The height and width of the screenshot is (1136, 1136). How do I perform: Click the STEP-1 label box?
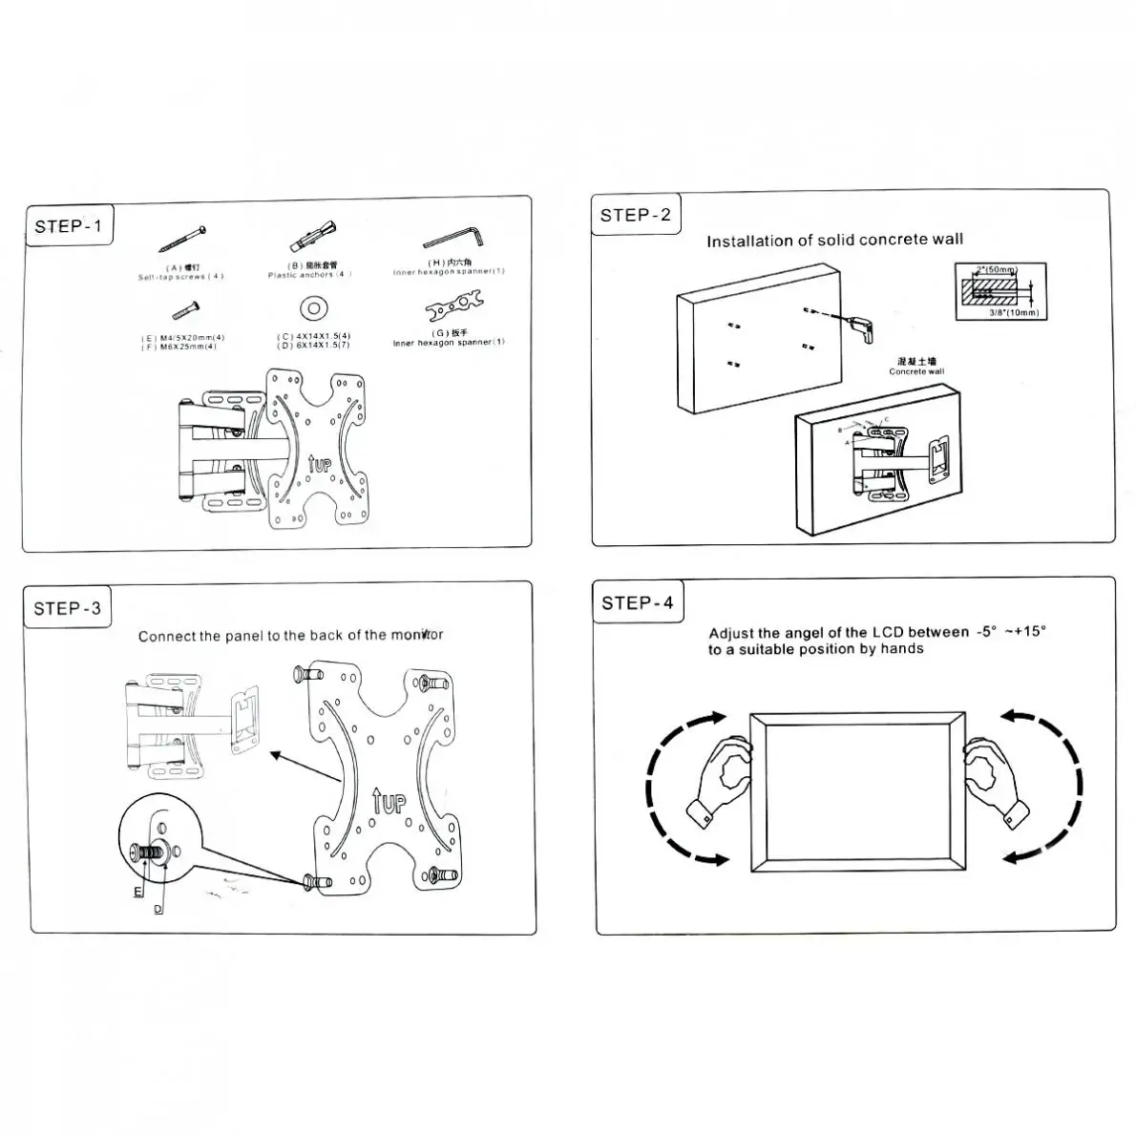[x=68, y=226]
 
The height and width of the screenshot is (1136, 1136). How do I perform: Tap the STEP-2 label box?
[x=635, y=215]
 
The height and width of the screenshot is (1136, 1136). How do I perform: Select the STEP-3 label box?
[x=67, y=609]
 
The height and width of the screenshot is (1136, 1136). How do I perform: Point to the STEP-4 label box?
[x=637, y=602]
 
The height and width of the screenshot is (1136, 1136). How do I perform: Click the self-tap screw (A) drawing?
[x=183, y=240]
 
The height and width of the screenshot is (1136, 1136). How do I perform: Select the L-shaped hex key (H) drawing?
[x=454, y=236]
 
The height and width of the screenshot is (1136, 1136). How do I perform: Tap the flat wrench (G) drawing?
[x=453, y=307]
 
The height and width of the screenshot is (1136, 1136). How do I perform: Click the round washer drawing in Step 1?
[x=312, y=308]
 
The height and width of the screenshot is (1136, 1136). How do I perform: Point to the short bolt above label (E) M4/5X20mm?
[x=185, y=309]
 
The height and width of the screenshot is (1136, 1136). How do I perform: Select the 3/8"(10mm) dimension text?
[x=1013, y=312]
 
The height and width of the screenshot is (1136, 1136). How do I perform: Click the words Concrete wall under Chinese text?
[x=915, y=371]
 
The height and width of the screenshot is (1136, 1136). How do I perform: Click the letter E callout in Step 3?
[x=137, y=891]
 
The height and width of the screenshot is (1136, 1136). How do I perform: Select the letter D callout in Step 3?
[x=158, y=909]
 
